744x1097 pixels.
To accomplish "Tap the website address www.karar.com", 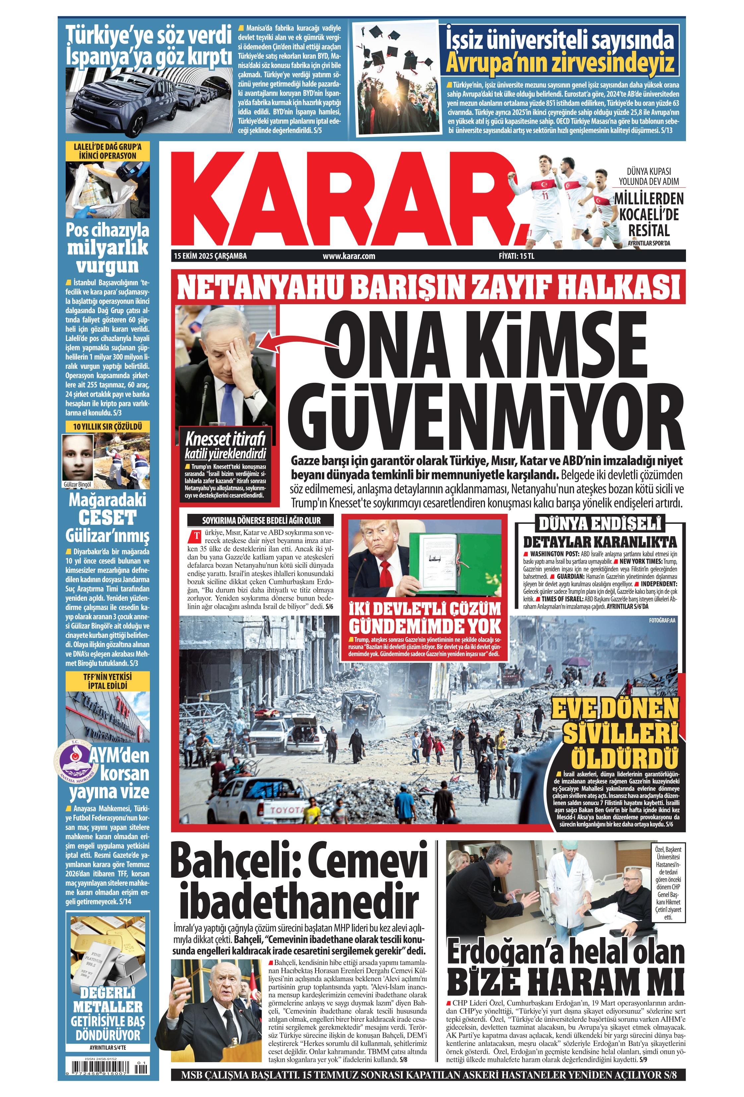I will (349, 256).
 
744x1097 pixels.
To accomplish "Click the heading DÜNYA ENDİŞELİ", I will (600, 524).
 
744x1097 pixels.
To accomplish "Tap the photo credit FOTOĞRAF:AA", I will (662, 620).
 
